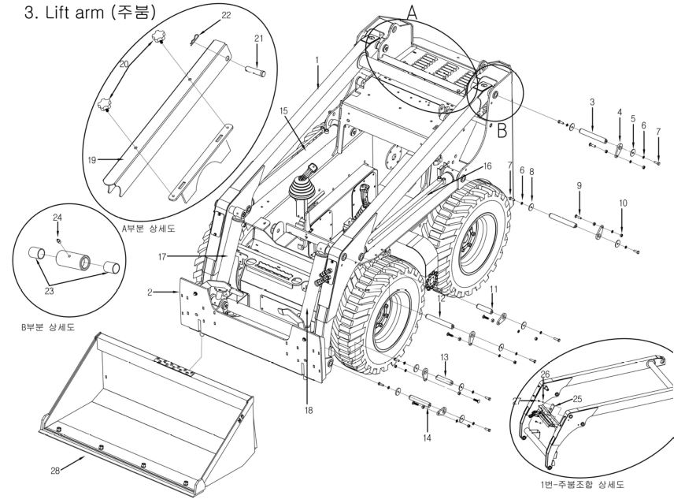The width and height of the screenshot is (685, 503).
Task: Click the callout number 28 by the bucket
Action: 55,471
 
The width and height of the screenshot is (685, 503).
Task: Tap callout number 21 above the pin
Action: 259,39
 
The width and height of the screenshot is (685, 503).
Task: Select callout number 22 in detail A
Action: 226,15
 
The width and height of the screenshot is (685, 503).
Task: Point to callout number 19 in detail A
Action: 92,160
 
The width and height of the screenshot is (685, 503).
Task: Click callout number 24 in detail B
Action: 57,217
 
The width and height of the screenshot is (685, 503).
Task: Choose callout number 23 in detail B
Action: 49,290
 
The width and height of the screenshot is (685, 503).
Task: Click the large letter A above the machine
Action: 412,13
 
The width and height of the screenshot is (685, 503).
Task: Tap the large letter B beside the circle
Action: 502,130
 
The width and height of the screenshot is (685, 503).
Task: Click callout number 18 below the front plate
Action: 309,410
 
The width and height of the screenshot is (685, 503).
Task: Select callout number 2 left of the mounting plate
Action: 150,292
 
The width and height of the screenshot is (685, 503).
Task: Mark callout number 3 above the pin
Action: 592,102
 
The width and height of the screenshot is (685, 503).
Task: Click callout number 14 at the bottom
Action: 427,438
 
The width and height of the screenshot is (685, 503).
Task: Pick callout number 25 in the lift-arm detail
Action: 577,399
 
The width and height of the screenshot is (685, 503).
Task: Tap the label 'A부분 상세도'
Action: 149,228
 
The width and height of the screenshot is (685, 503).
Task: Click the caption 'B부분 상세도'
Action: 48,326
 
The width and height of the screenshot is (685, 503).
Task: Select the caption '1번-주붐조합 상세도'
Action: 583,484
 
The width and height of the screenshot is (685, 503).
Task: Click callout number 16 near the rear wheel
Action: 487,166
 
